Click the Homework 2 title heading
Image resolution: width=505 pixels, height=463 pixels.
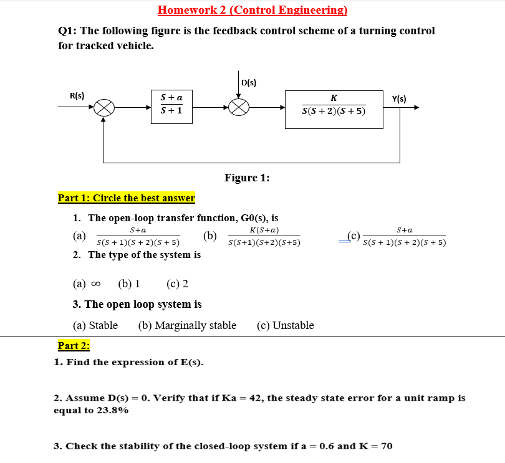[x=252, y=10]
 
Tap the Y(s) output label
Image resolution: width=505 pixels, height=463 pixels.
[x=399, y=98]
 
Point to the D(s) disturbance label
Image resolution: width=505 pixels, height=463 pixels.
[x=248, y=82]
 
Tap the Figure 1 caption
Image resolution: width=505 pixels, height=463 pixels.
[x=247, y=178]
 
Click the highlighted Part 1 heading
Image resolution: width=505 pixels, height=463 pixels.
[x=127, y=198]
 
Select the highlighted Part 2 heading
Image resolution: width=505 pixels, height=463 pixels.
[x=74, y=345]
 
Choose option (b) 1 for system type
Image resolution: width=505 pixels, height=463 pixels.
[x=128, y=284]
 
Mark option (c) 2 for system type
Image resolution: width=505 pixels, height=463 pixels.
[x=178, y=284]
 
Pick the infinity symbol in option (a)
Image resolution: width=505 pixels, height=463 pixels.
[x=95, y=285]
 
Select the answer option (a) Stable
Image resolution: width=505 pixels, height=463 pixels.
[x=95, y=325]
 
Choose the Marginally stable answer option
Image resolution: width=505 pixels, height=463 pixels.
[x=187, y=325]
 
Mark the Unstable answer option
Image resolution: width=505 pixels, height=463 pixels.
[x=286, y=325]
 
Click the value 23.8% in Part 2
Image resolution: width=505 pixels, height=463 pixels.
[x=112, y=410]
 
